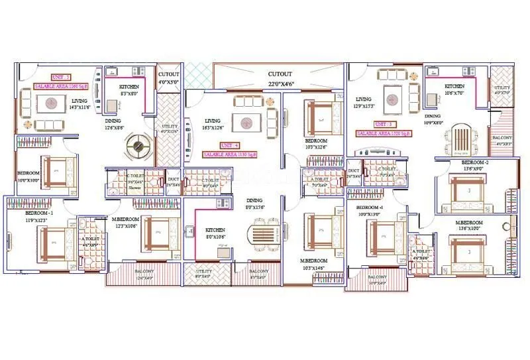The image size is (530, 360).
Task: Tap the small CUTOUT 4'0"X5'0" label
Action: coord(169,78)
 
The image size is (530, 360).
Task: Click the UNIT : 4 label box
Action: coord(229,145)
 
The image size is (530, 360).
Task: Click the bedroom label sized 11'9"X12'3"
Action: coord(40,217)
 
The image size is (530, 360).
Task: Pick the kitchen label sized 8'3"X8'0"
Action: coord(129,91)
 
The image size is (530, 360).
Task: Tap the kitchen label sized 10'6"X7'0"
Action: coord(454,90)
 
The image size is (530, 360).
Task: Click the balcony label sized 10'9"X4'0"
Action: coord(378,280)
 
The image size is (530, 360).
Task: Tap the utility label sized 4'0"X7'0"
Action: coord(502,90)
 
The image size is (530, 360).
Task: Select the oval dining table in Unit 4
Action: coord(255,235)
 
